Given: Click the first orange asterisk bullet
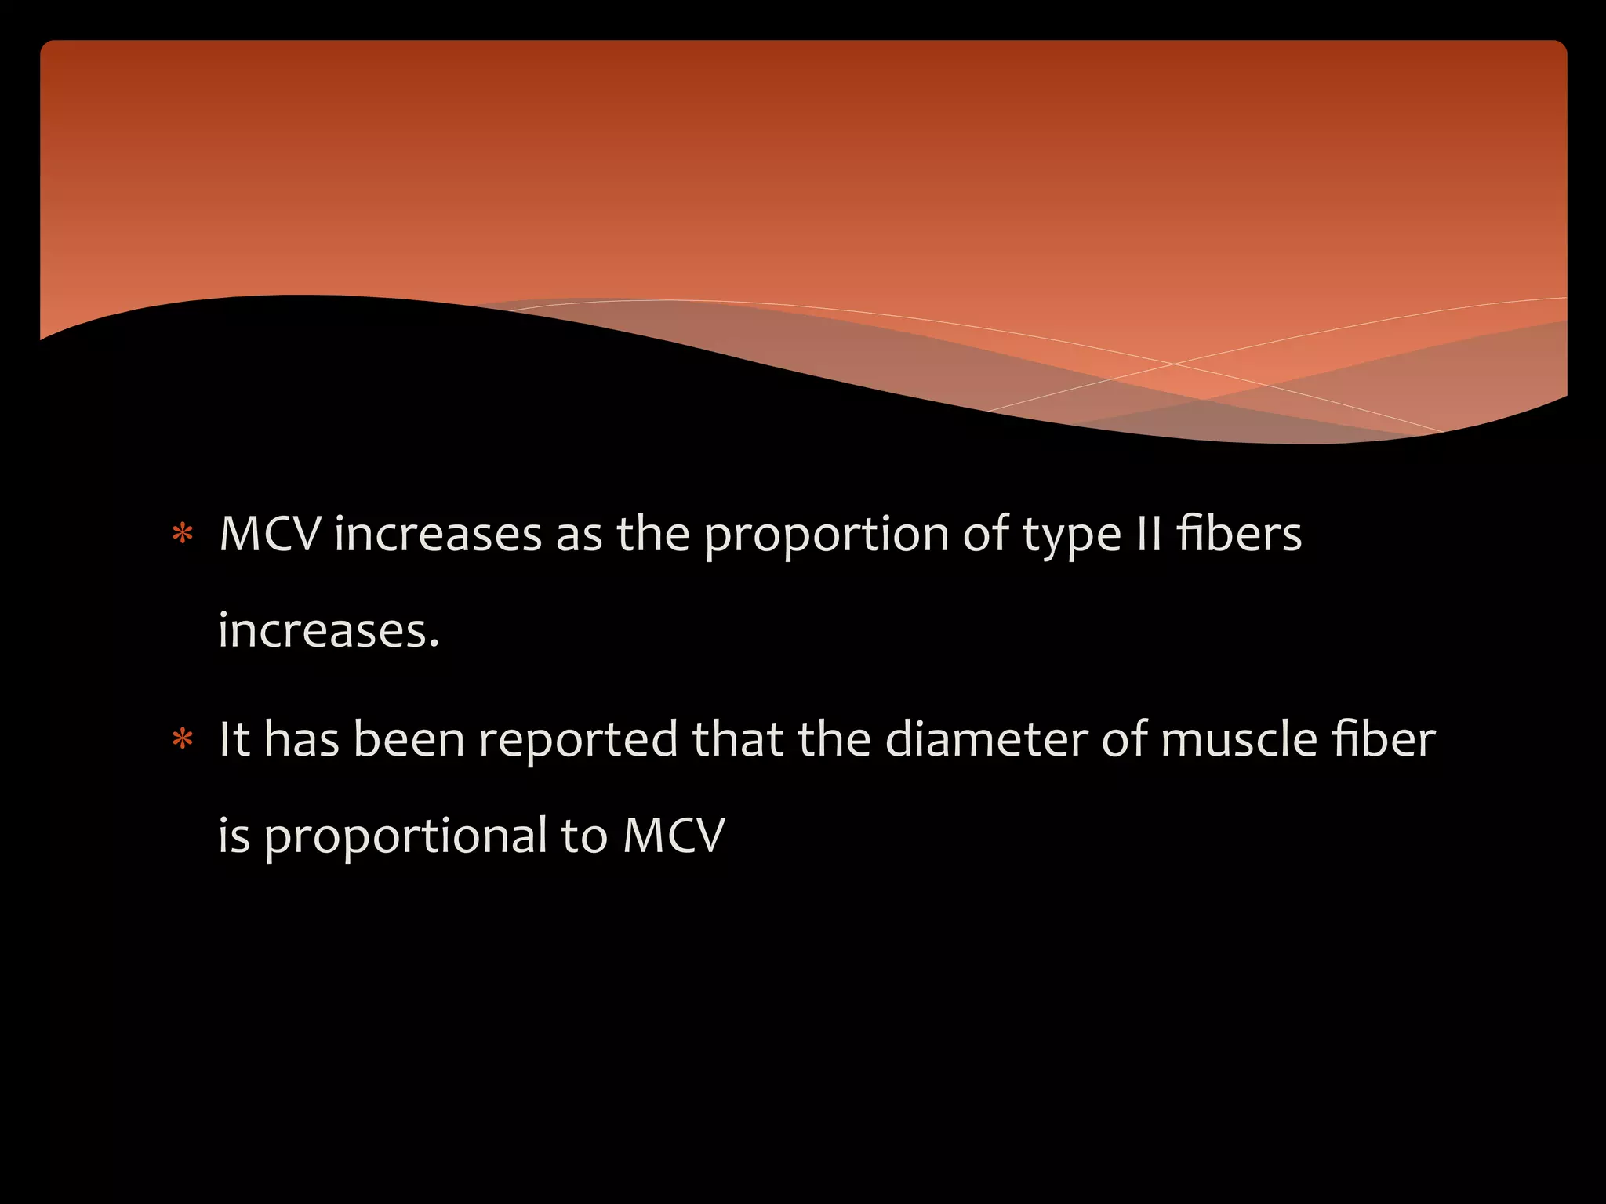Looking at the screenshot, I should pos(183,535).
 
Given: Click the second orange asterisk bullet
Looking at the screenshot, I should pos(183,739).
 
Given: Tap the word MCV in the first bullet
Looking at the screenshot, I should pos(270,535).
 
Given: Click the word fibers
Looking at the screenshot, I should pos(1238,535).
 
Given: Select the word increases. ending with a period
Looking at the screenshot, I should pos(328,630).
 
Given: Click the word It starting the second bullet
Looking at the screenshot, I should pos(234,739).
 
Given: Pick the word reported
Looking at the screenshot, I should pos(578,741).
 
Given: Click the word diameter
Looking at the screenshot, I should pos(986,739).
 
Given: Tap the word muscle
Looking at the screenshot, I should pos(1238,739).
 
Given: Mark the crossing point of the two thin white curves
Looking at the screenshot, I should pos(1174,364).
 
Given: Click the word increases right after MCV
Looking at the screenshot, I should pos(438,535).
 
